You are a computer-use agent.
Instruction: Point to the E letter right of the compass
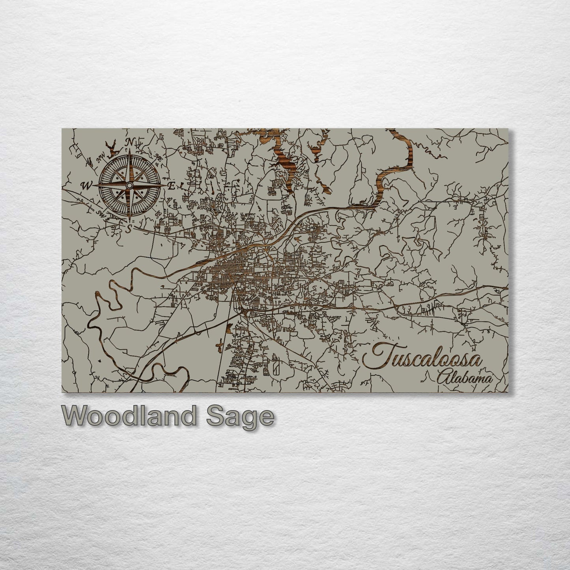tap(171, 186)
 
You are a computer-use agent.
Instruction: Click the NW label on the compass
tap(97, 161)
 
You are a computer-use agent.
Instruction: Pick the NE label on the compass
tap(159, 158)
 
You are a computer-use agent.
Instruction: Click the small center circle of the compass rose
tap(129, 185)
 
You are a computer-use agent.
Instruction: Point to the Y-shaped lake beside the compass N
tap(112, 148)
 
